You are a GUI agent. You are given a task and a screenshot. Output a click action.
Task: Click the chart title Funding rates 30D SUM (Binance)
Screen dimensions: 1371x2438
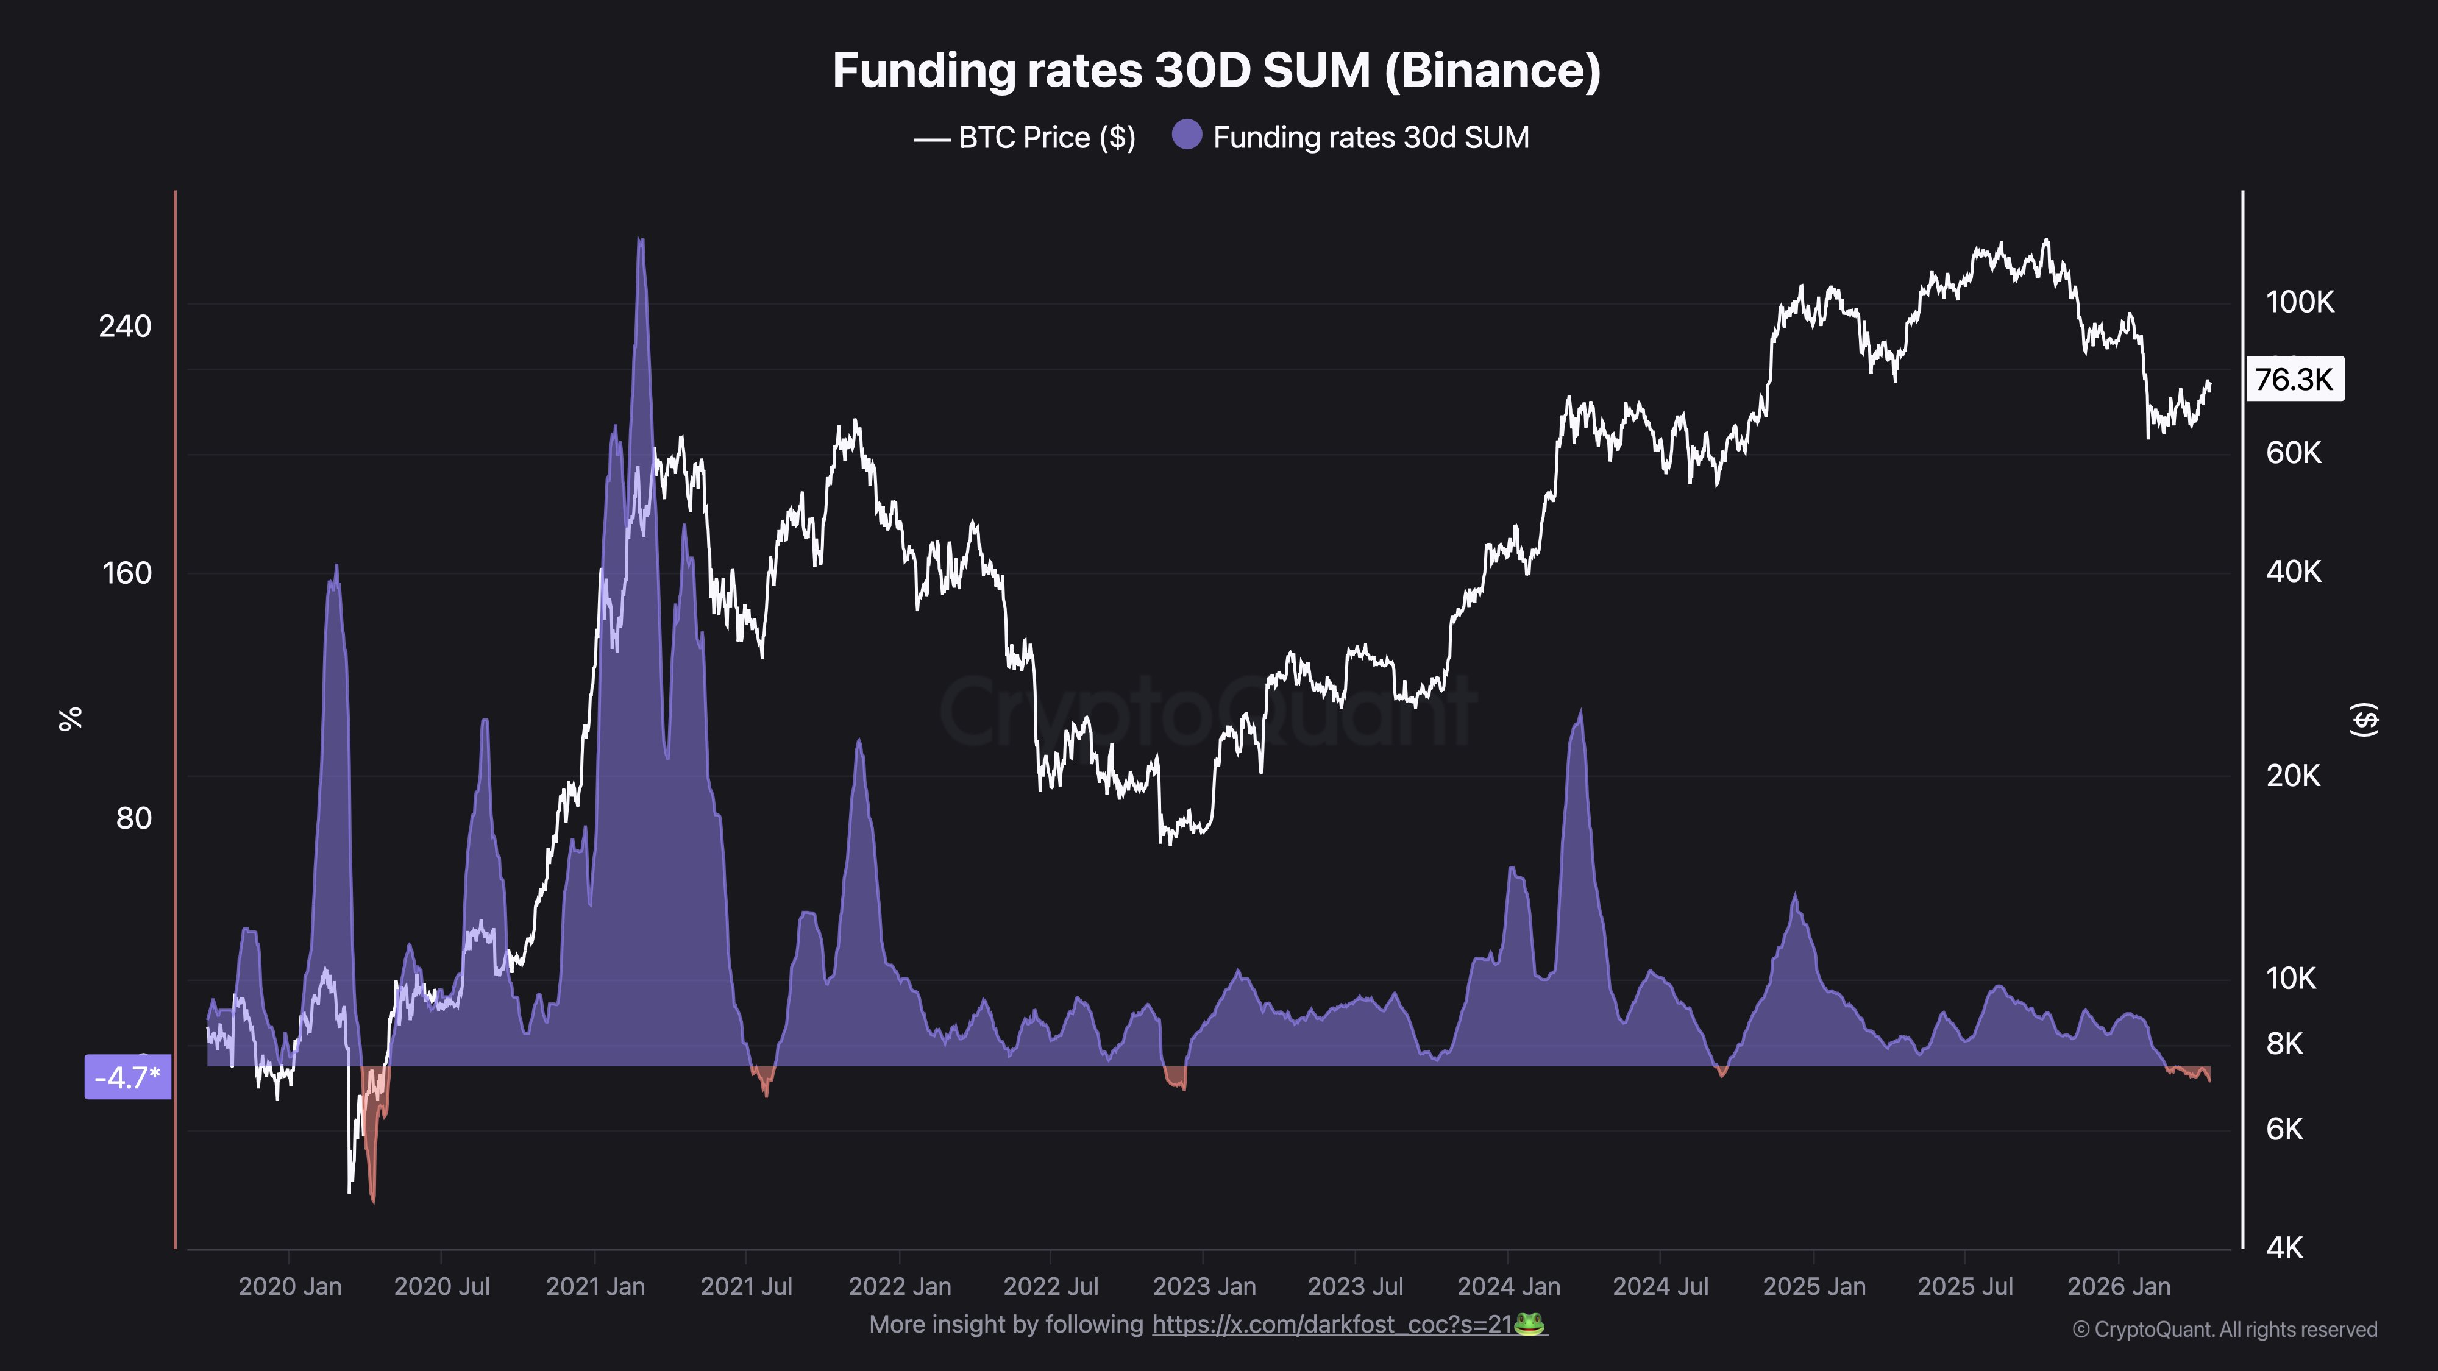pos(1216,71)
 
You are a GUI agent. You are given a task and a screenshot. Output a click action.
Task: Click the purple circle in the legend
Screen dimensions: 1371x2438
pos(1186,135)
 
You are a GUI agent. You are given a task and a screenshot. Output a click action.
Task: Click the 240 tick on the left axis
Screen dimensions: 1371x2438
pos(125,327)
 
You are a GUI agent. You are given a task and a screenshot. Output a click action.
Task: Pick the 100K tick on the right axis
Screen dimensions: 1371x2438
pos(2299,303)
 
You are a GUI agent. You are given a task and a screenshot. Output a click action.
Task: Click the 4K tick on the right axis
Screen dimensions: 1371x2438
pos(2284,1248)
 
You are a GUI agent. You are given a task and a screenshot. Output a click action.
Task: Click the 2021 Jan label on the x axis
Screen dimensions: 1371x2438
pos(595,1287)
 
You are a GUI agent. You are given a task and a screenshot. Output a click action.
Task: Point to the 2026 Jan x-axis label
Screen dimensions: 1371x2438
pos(2118,1287)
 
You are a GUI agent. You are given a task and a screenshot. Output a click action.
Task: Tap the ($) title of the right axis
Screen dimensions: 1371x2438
pos(2363,719)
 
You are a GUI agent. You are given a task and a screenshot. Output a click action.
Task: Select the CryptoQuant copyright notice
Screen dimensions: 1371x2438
pos(2224,1330)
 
